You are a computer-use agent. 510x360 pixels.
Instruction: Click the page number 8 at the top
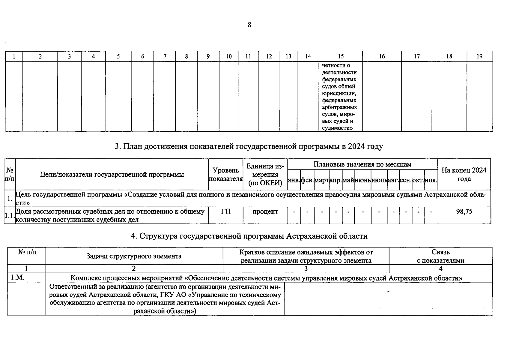pos(249,25)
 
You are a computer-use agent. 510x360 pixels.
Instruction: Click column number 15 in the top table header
pos(340,56)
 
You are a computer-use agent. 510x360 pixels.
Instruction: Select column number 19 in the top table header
pos(479,56)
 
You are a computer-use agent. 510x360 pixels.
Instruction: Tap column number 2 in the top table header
pos(40,56)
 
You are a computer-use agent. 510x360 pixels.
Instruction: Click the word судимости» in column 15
pos(337,128)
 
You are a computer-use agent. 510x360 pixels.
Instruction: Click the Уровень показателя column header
pos(225,175)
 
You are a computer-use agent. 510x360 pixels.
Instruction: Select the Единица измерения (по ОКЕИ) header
pos(265,175)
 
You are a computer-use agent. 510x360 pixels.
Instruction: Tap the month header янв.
pos(294,180)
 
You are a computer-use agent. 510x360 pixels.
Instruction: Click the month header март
pos(321,180)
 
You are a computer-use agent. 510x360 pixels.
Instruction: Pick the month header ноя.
pos(431,180)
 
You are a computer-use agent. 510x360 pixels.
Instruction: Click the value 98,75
pos(464,211)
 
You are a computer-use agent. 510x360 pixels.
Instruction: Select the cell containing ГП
pos(225,211)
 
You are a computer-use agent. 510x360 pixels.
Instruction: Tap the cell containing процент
pos(265,211)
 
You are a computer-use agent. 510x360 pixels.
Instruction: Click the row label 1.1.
pos(9,215)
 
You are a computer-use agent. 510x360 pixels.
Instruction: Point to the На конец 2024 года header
pos(464,174)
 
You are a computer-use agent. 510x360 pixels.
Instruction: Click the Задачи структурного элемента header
pos(134,256)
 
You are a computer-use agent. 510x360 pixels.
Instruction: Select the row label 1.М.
pos(17,277)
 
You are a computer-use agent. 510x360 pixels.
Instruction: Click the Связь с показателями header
pos(440,256)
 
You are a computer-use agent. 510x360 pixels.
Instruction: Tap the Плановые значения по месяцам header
pos(362,164)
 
